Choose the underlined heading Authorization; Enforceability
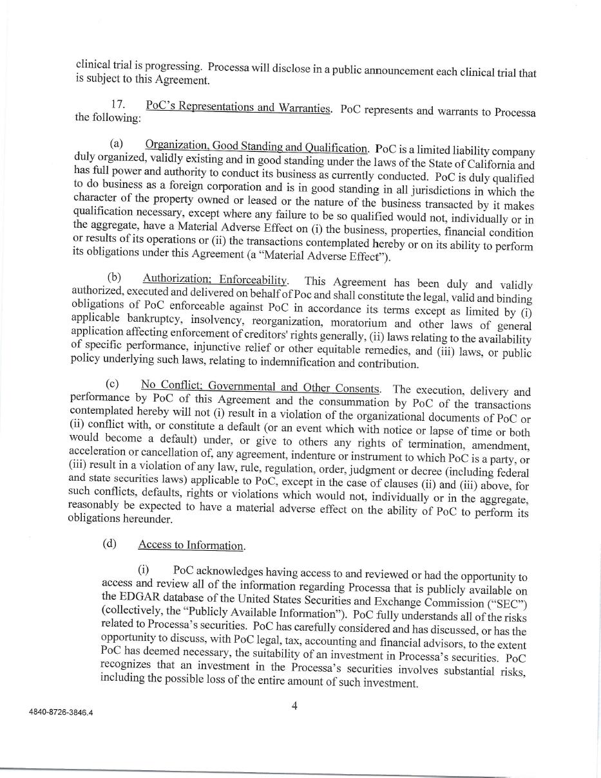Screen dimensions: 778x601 (215, 279)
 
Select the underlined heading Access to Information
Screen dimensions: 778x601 (191, 545)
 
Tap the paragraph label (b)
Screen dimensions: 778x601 (115, 277)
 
